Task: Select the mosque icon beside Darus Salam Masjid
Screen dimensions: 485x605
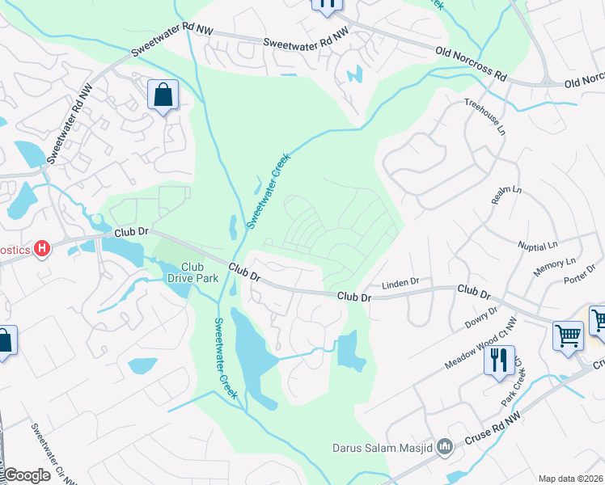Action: (445, 446)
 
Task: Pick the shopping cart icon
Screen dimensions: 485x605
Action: (568, 335)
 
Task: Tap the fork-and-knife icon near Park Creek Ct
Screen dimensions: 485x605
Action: (499, 360)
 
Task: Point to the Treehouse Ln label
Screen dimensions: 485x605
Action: (484, 117)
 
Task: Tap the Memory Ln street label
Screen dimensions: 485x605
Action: (555, 268)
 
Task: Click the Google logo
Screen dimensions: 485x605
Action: (26, 475)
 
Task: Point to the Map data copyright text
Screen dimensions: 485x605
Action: (571, 479)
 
